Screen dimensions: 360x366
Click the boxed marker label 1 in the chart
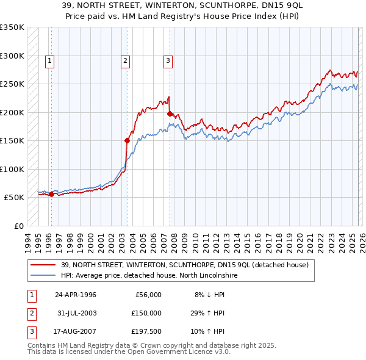point(49,60)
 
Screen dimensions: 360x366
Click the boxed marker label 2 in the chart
point(124,60)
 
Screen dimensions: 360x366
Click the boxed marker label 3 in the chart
point(167,60)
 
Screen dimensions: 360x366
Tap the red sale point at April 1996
point(51,194)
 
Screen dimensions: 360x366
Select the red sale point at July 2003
point(127,140)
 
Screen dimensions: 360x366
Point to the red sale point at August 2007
point(170,113)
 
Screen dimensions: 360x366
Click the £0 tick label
point(18,226)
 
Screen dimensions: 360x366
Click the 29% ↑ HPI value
point(207,313)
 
